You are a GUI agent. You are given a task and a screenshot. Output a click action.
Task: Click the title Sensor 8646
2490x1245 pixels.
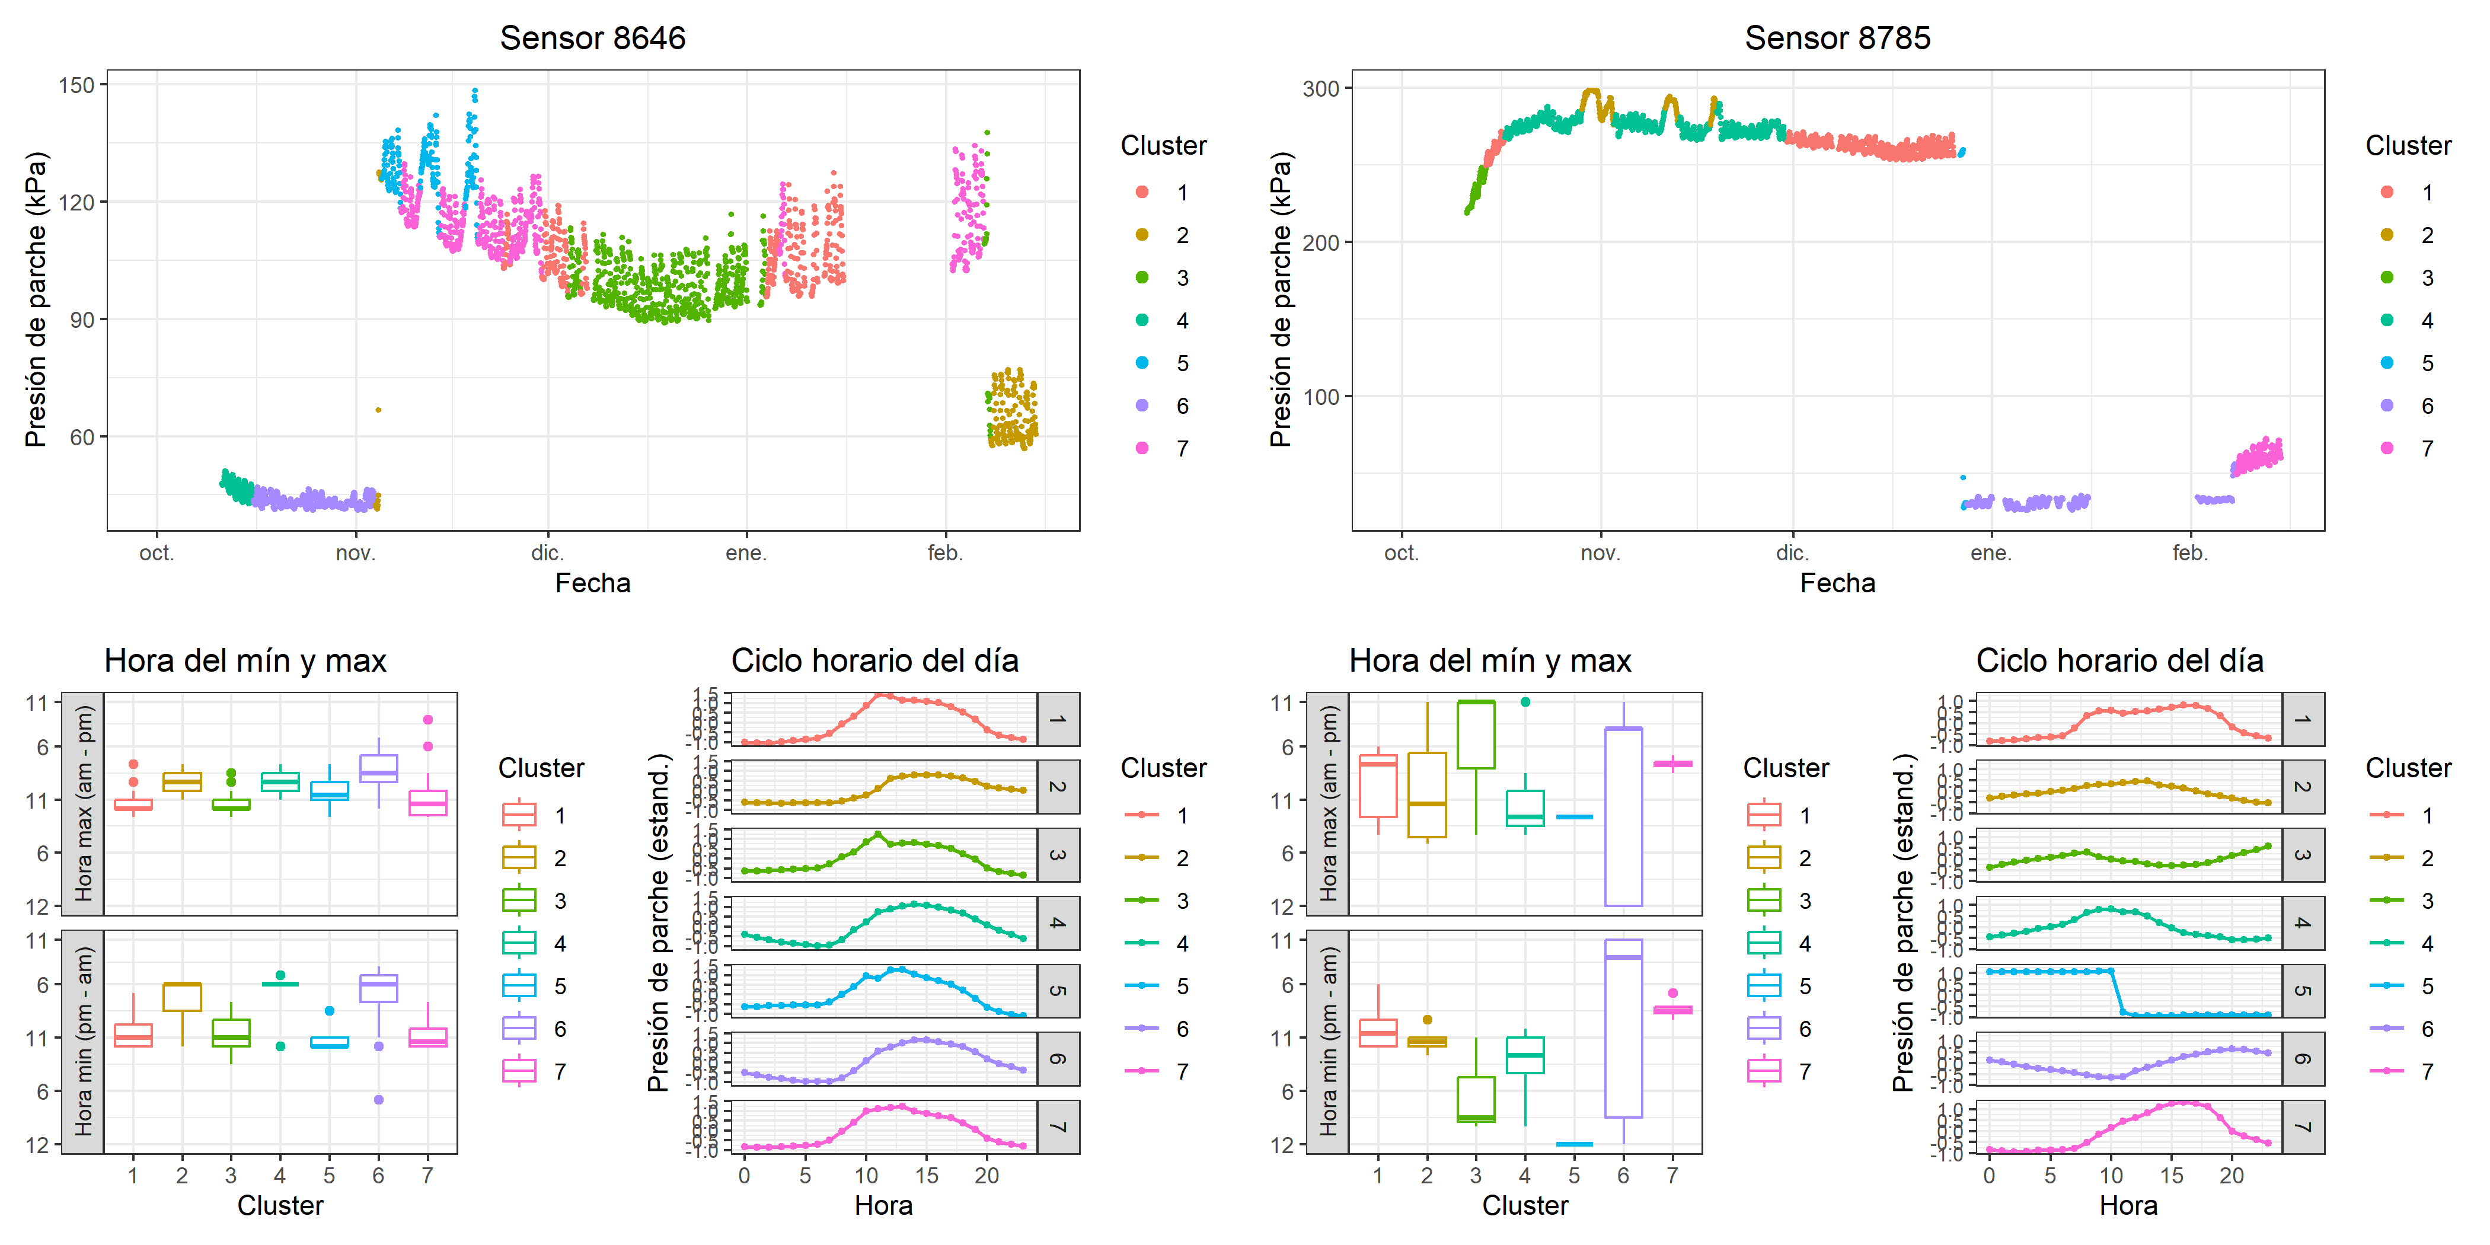tap(592, 38)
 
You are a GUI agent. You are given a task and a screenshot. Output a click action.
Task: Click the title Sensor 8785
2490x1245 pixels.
tap(1837, 38)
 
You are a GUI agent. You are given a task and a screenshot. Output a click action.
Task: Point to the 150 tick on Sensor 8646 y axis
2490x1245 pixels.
tap(76, 85)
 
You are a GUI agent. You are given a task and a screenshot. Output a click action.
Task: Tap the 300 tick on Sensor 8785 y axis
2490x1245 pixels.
tap(1320, 89)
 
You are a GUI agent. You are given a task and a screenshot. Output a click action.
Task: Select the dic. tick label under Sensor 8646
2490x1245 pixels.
tap(547, 553)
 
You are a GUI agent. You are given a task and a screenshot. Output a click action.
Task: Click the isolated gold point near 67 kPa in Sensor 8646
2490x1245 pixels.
tap(378, 410)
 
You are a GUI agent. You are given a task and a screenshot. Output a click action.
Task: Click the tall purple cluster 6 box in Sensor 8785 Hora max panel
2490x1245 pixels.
tap(1623, 817)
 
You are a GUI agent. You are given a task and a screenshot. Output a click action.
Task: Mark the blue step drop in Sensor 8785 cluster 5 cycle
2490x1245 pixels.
tap(2117, 992)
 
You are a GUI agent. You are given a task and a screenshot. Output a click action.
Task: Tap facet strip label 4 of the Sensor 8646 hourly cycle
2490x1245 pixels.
tap(1058, 923)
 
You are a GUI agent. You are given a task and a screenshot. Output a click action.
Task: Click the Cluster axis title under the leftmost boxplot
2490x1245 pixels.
tap(280, 1205)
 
